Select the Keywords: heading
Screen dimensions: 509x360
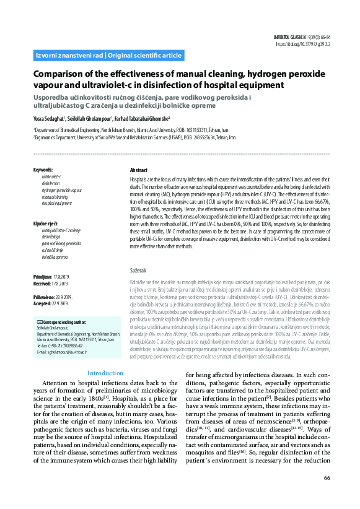(x=43, y=170)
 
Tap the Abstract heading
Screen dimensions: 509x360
(x=139, y=170)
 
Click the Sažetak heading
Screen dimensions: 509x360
(x=138, y=271)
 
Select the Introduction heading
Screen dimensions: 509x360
(x=105, y=373)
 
